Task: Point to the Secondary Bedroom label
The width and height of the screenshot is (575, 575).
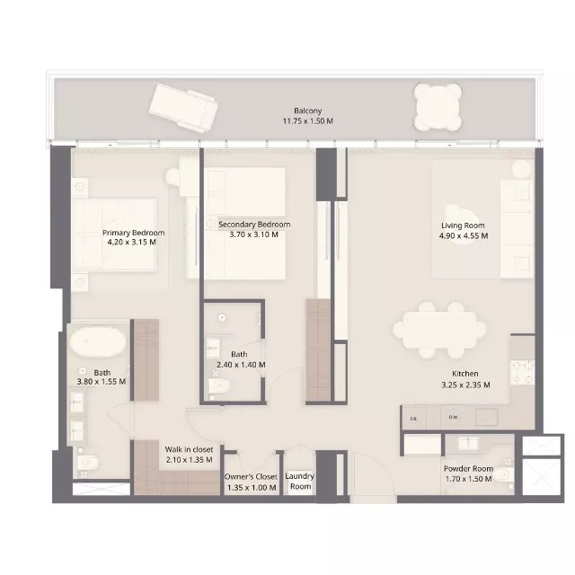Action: coord(254,225)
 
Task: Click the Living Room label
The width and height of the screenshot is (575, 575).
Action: coord(463,226)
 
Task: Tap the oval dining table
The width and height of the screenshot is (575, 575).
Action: coord(439,330)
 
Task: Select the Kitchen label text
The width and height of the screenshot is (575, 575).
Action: coord(464,374)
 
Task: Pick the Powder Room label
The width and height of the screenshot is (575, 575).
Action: coord(467,469)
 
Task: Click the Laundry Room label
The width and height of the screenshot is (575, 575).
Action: coord(299,482)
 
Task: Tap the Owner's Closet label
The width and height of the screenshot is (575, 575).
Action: coord(252,477)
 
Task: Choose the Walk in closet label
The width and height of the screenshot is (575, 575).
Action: coord(189,449)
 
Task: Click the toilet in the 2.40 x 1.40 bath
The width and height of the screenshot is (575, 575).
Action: coord(219,386)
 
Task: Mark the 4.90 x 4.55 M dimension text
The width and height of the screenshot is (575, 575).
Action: coord(464,236)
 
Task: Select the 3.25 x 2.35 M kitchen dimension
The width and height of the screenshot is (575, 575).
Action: coord(464,385)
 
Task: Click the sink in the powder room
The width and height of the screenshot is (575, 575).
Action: coord(468,442)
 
